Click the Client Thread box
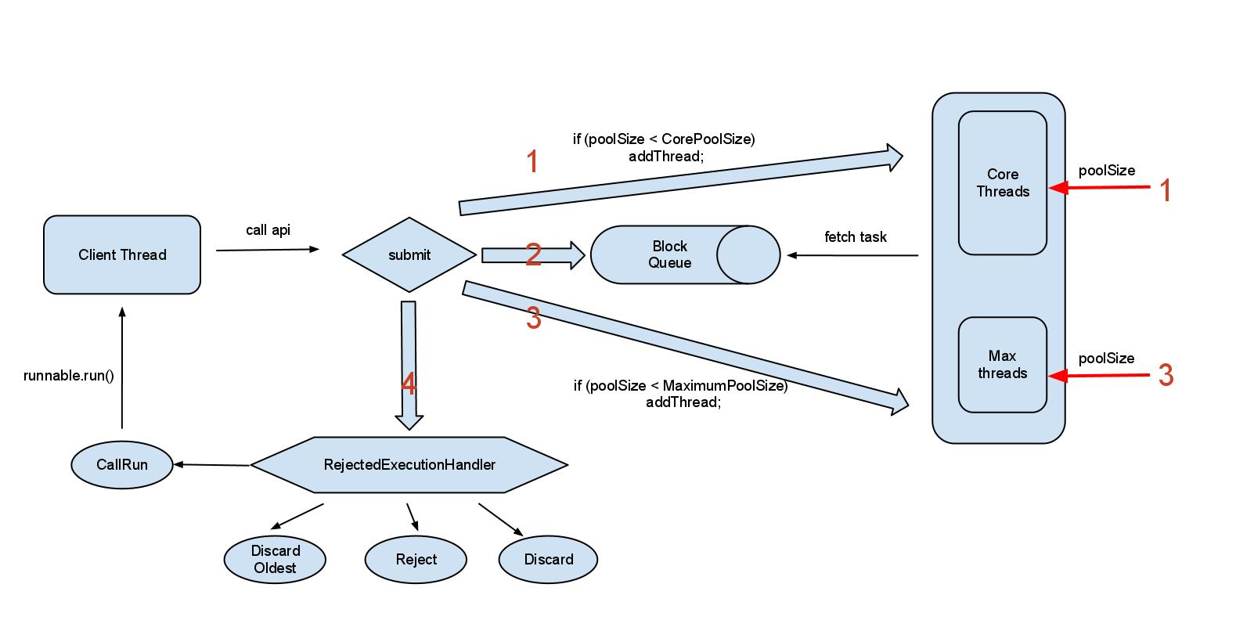pos(122,254)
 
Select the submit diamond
pos(409,254)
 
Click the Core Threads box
pos(1002,183)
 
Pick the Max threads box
pos(1002,365)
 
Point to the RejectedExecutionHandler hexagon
pos(409,465)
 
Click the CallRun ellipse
pos(122,465)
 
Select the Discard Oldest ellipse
pos(275,560)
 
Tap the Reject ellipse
pos(416,560)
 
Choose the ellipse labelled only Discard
pos(548,560)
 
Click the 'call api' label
pos(268,230)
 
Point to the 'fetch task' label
pos(855,236)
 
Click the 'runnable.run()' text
pos(69,376)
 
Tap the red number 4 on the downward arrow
pos(408,384)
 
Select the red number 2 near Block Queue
pos(533,254)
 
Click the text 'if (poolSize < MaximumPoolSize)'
pos(680,385)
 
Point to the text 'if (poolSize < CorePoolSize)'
pos(664,139)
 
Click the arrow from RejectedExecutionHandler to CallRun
pos(211,465)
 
